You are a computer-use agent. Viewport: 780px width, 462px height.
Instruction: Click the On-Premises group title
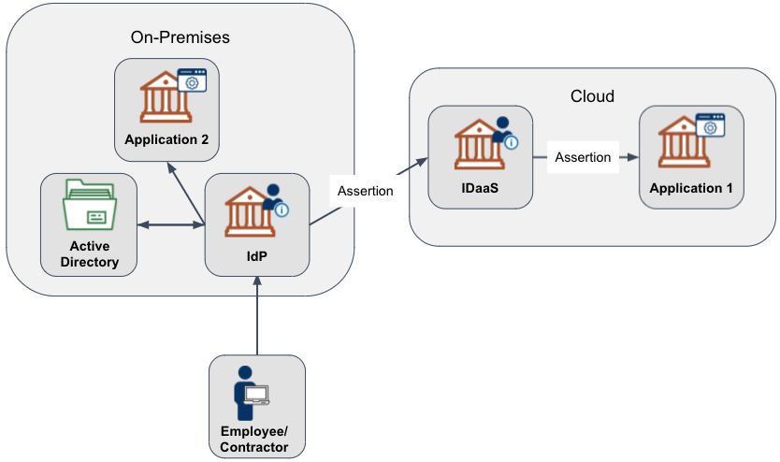181,37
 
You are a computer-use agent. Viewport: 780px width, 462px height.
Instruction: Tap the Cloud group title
592,96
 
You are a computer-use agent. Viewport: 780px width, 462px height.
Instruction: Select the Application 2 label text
166,140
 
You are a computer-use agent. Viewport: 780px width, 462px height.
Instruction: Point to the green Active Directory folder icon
88,206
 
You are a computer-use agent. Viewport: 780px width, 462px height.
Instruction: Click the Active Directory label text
89,253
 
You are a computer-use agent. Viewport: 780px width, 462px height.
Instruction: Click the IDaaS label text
480,188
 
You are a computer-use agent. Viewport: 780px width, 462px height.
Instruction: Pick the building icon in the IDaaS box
477,144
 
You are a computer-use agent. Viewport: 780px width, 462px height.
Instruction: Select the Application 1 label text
691,188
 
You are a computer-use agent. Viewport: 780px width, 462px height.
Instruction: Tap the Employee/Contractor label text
254,440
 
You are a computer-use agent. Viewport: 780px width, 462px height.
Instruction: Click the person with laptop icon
249,394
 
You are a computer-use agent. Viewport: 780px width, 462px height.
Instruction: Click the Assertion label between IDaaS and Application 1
583,157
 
